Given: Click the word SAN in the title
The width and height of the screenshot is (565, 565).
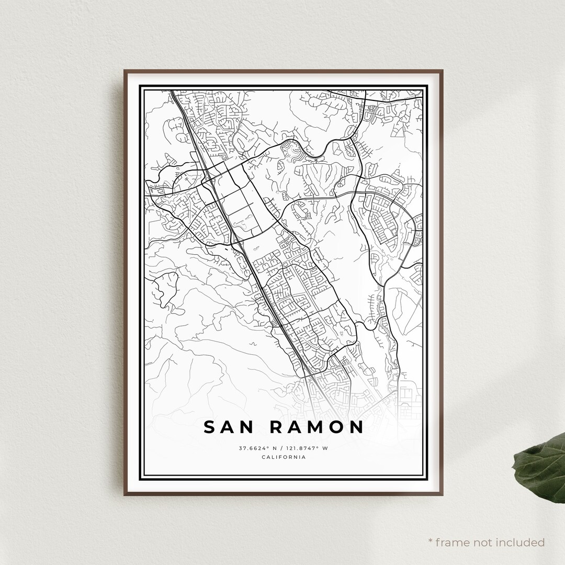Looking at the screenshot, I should (x=229, y=427).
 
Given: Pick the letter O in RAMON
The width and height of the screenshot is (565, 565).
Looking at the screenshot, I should (x=336, y=427).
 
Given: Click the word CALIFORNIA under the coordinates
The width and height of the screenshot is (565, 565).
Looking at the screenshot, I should (x=283, y=458).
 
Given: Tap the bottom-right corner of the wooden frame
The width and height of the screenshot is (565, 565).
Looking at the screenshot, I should (x=443, y=494).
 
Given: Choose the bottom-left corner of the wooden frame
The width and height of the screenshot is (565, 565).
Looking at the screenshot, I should (x=125, y=494).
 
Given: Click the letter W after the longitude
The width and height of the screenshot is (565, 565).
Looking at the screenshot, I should (x=325, y=448).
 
